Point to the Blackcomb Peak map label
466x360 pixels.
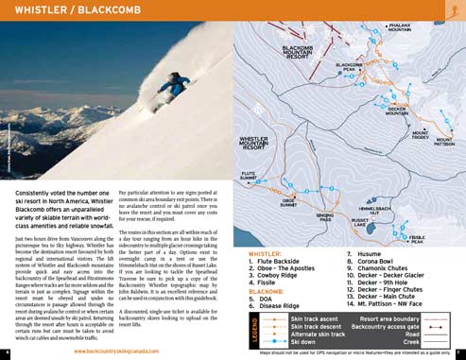[352, 67]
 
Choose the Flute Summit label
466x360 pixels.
[249, 176]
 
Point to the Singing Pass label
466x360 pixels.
[325, 218]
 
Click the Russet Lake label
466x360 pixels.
[360, 223]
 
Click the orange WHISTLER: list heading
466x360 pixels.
[265, 254]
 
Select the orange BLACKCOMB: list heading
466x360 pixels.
[267, 292]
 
